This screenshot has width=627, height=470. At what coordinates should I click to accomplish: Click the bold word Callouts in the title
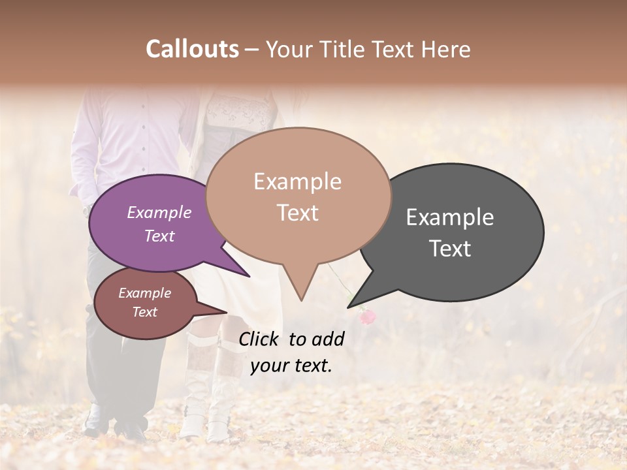click(x=192, y=49)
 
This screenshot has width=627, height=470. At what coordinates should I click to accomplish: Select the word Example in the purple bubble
click(x=159, y=212)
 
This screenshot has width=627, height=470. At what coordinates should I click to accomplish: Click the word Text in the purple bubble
click(x=159, y=236)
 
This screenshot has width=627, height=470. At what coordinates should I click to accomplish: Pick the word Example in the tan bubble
click(x=297, y=181)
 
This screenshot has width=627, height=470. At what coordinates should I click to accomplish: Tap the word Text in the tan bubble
click(x=297, y=212)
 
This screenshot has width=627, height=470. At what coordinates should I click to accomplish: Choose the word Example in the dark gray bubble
click(x=450, y=217)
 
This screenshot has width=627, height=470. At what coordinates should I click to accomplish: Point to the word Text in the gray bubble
click(x=450, y=249)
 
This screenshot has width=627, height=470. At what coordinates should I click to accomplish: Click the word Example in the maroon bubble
click(x=144, y=293)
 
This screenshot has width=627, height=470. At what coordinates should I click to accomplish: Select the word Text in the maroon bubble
click(x=144, y=312)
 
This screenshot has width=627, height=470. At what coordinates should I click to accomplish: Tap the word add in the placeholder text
click(x=329, y=339)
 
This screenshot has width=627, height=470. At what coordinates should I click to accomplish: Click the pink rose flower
click(x=368, y=317)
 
